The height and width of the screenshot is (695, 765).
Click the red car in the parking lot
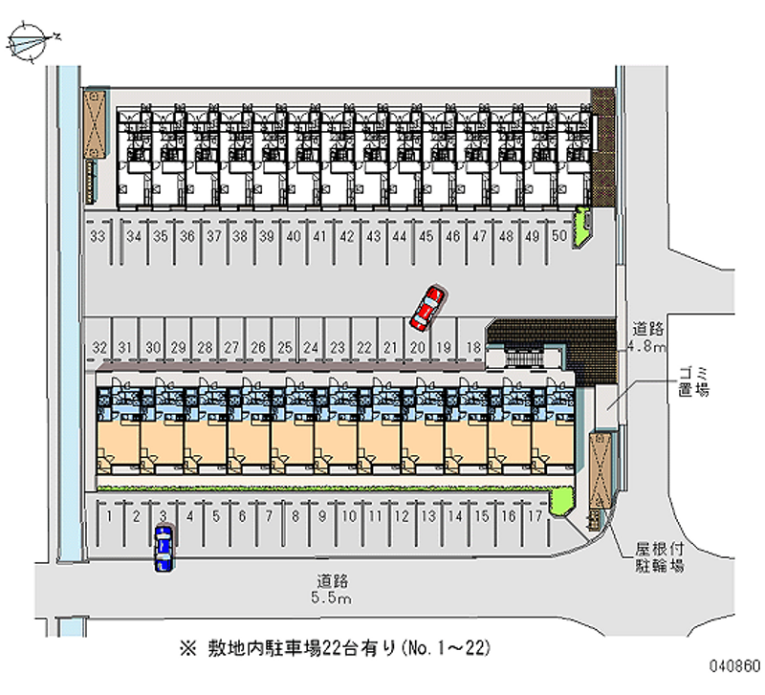(x=427, y=309)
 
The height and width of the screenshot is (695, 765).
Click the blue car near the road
(x=164, y=548)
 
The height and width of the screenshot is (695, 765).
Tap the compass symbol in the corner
(x=31, y=42)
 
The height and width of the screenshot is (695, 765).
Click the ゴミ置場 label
(x=694, y=381)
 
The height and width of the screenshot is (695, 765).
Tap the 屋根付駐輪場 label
(x=659, y=557)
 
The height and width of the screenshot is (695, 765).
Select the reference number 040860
(x=734, y=665)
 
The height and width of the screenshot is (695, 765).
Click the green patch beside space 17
(x=562, y=501)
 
